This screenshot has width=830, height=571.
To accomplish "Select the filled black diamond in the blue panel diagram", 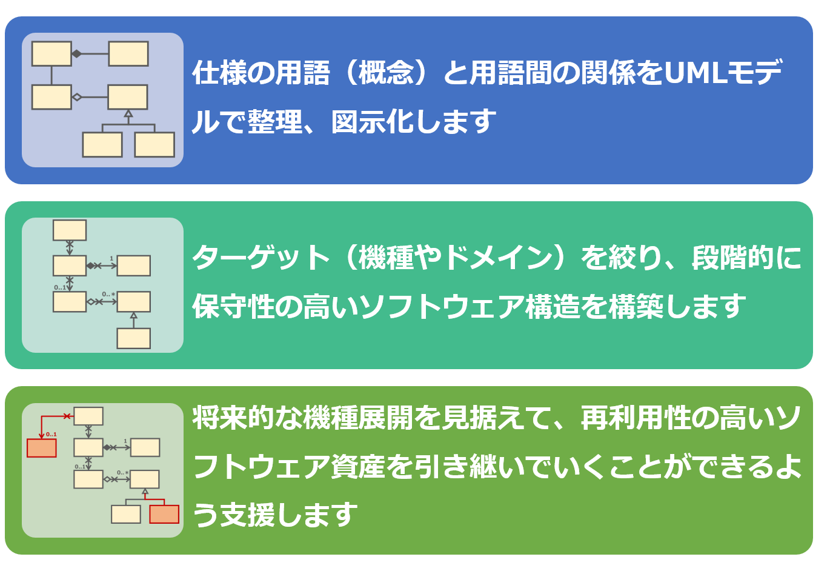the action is pos(77,54).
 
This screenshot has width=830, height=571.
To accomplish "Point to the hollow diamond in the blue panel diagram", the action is pos(77,97).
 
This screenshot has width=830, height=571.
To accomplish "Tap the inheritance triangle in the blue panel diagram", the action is pos(128,113).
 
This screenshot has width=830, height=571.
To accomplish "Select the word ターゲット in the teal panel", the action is pos(261,258).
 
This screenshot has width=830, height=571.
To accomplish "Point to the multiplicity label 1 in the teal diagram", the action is pos(111,259).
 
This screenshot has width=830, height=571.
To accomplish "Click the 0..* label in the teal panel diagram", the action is pos(108,295).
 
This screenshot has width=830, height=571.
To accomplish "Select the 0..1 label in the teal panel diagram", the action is pos(60,287).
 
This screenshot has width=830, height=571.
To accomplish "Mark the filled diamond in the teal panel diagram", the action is pos(91,266).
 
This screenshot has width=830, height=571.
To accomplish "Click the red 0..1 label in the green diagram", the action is pos(51,434).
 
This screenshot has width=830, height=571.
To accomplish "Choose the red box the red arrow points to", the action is pos(42,448).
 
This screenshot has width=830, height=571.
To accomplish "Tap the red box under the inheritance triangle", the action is pos(164,514).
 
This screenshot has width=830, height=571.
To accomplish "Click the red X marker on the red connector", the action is pos(67,416).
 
